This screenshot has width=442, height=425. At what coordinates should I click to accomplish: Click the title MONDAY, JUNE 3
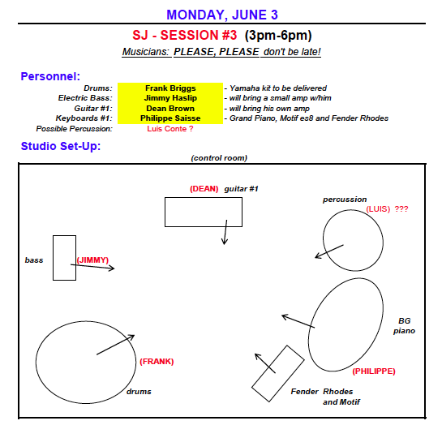tap(222, 15)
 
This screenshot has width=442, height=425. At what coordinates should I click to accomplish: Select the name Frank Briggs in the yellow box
tap(170, 88)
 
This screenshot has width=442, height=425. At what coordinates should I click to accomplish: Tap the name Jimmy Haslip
tap(170, 98)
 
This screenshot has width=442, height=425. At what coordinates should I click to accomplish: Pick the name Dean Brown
tap(170, 108)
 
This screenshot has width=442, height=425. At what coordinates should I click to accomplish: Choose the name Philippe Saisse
tap(170, 118)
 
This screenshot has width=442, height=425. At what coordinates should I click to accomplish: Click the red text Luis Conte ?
tap(170, 129)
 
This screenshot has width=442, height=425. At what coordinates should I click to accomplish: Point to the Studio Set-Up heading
tap(61, 146)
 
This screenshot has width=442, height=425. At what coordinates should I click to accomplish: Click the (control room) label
tap(219, 158)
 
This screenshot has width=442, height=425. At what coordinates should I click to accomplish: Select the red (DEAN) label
tap(204, 189)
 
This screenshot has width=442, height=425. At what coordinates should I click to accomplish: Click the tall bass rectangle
tap(54, 258)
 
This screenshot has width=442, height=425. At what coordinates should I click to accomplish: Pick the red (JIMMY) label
tap(92, 260)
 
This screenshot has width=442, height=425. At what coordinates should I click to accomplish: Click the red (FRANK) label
tap(157, 362)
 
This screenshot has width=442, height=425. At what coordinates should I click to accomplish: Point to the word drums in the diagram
tap(139, 392)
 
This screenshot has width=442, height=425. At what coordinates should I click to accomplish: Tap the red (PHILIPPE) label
tap(374, 371)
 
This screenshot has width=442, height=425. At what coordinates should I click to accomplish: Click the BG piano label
tap(404, 326)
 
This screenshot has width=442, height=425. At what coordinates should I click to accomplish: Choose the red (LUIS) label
tap(378, 209)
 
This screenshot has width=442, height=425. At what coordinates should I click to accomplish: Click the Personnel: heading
tap(50, 76)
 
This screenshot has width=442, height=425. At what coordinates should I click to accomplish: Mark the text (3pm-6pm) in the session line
tap(278, 35)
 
